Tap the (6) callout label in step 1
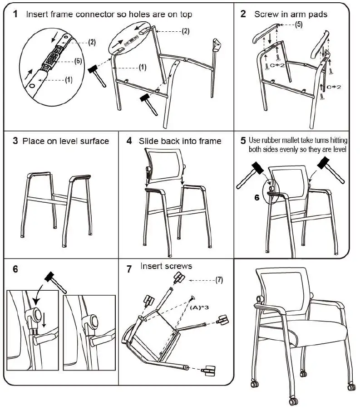78,61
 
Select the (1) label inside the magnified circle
68,80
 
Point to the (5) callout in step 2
298,24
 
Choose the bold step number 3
15,141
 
